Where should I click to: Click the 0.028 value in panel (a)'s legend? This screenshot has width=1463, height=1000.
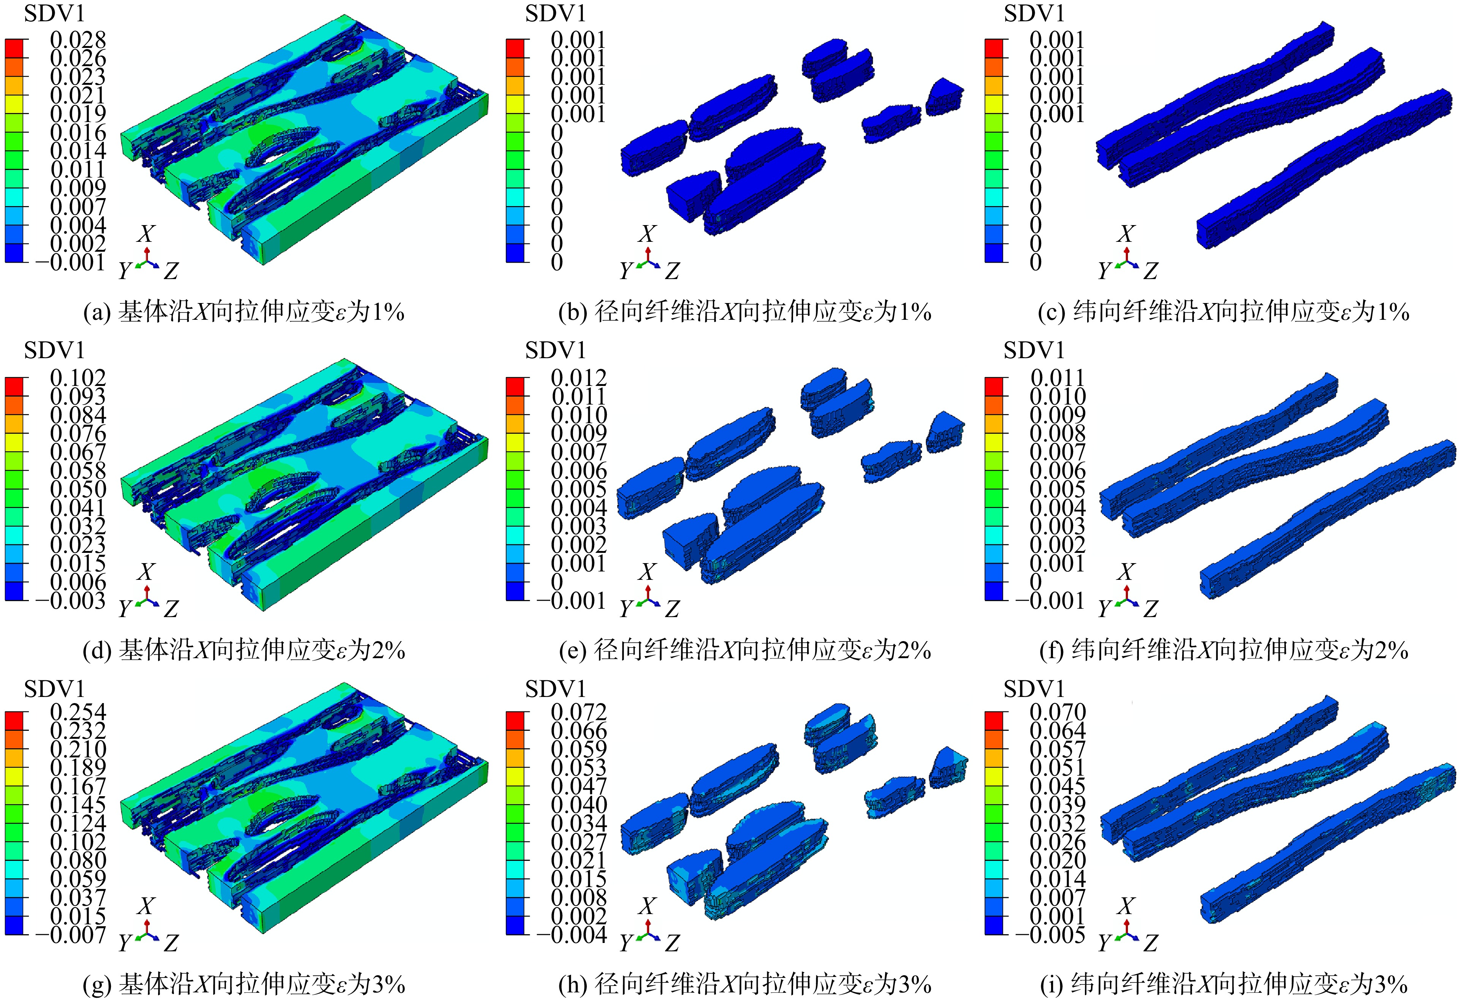pos(78,40)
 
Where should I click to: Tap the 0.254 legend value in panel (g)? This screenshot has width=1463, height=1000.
pos(78,712)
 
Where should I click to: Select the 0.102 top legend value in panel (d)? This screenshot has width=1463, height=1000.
pos(78,378)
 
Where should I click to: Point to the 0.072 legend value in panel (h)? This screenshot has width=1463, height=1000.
pos(579,712)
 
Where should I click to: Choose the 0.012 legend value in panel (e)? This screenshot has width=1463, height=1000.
pos(579,378)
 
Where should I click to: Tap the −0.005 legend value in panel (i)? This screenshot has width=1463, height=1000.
pos(1050,935)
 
